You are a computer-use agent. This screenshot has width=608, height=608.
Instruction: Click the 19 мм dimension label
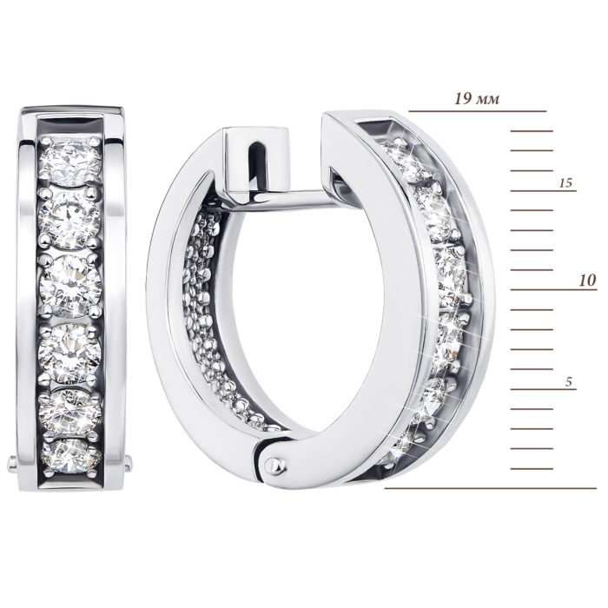coord(477,99)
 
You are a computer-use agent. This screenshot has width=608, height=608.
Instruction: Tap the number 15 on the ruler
coord(566,183)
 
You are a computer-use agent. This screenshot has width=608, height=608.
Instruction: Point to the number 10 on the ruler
coord(587,281)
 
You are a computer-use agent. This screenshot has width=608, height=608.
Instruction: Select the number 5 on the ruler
coord(568,382)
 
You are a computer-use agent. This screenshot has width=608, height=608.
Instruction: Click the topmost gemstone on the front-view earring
coord(70,163)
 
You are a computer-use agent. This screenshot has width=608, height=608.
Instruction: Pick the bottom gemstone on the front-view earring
coord(70,456)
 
